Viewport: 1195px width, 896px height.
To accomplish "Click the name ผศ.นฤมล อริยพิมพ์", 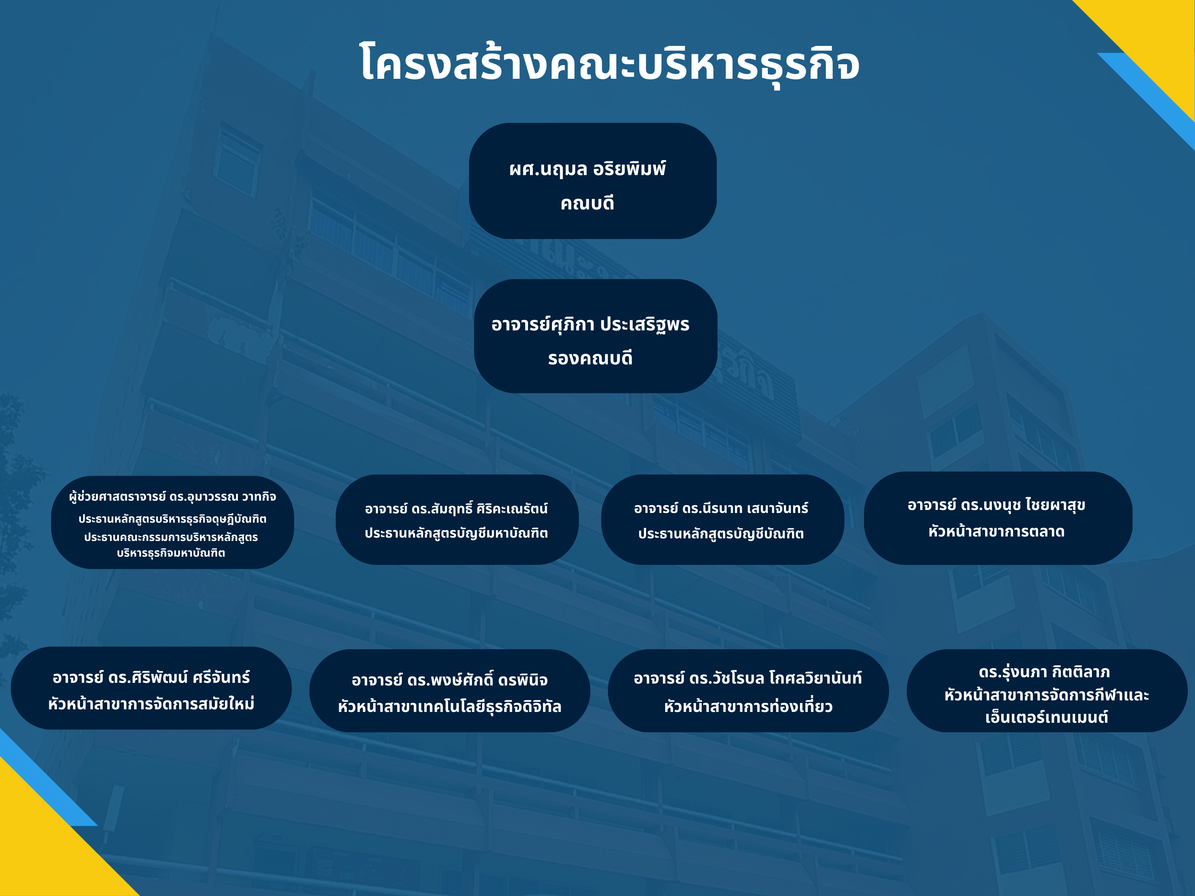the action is (x=587, y=169).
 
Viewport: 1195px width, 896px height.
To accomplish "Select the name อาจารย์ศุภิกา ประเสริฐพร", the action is (x=590, y=324).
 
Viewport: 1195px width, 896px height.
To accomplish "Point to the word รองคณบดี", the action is (x=590, y=358).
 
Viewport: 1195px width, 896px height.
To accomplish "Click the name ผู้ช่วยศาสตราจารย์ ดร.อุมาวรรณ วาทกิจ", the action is (x=172, y=496).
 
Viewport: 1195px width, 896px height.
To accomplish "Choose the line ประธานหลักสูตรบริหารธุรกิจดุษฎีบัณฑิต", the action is (x=172, y=519).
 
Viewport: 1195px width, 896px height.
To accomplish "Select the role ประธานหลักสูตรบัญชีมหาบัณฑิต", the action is (x=456, y=533).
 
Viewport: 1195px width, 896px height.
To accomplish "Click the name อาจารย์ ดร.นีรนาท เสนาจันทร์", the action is (x=721, y=508).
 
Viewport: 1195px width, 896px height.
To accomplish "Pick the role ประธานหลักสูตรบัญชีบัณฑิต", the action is (x=721, y=533).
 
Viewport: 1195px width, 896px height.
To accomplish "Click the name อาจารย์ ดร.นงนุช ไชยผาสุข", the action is (x=996, y=505).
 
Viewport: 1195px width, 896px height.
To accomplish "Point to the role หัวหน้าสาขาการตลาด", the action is (x=996, y=532).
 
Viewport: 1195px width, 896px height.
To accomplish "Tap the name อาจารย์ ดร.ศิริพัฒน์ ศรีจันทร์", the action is (x=151, y=677).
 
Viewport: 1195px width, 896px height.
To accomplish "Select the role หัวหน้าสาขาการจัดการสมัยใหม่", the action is (x=151, y=704).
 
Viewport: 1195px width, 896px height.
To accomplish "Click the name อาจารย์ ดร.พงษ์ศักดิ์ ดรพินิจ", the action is (x=450, y=679).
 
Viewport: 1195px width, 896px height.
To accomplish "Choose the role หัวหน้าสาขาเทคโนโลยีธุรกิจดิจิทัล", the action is (x=450, y=706).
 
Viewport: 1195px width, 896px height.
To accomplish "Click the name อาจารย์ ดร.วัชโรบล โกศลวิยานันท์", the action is (x=748, y=678).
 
